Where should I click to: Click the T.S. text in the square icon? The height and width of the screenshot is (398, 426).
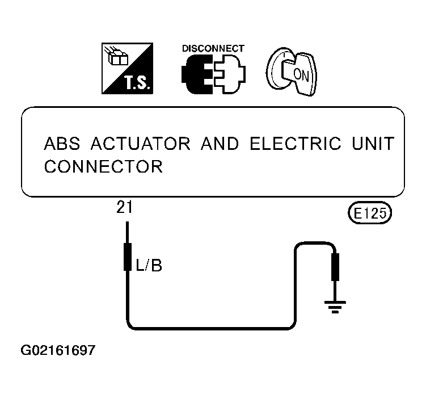(137, 83)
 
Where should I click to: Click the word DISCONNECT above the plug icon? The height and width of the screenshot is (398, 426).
(213, 48)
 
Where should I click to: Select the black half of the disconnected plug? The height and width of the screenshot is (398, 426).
(197, 74)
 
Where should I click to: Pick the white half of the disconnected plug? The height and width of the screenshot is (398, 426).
(230, 74)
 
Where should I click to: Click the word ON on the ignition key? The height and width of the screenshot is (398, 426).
(301, 75)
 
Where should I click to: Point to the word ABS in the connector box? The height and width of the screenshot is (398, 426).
(62, 143)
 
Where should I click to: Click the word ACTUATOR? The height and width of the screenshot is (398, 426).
(141, 143)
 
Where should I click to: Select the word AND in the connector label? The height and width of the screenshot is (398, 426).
(220, 143)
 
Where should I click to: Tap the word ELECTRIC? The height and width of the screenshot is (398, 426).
(295, 143)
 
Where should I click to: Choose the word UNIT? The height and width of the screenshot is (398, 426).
(373, 143)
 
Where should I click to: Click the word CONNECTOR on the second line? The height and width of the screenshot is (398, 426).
(103, 166)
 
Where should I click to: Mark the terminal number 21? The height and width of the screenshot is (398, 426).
(124, 207)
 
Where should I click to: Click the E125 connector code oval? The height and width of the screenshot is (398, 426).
(370, 213)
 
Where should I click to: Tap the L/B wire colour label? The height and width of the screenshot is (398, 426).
(149, 265)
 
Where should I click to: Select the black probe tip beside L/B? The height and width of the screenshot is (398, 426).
(128, 257)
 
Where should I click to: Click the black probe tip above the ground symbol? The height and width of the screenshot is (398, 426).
(335, 267)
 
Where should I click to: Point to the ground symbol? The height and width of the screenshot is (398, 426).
(335, 307)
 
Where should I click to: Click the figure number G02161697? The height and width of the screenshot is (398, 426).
(58, 350)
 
